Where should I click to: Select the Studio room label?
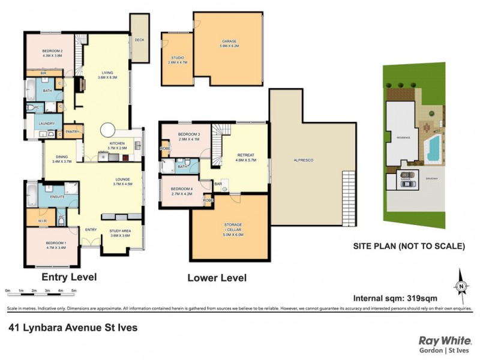[175, 59]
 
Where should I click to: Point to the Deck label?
[139, 40]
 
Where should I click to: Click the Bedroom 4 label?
[182, 191]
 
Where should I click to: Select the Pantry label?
[73, 131]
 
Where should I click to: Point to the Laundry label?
[47, 124]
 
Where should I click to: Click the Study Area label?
[121, 233]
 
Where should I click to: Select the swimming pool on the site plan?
[432, 148]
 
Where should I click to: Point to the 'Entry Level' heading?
[69, 277]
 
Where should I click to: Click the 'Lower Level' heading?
[217, 278]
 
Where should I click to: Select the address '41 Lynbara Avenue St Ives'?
[73, 328]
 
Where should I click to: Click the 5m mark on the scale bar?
[74, 290]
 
